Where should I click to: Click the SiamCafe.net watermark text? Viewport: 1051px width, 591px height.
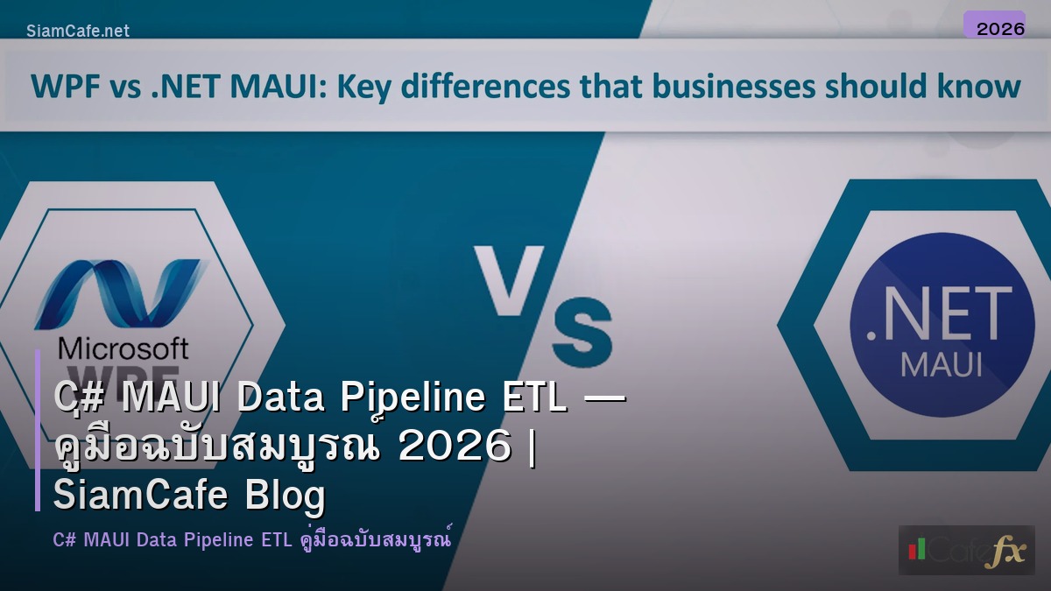coord(78,31)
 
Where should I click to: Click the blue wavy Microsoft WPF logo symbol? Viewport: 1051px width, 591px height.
coord(118,294)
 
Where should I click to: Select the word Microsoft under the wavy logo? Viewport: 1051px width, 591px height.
coord(123,348)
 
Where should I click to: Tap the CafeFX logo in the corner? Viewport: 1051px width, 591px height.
coord(966,550)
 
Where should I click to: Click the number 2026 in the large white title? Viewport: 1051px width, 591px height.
coord(454,447)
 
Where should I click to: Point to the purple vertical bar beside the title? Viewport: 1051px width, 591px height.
coord(38,430)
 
